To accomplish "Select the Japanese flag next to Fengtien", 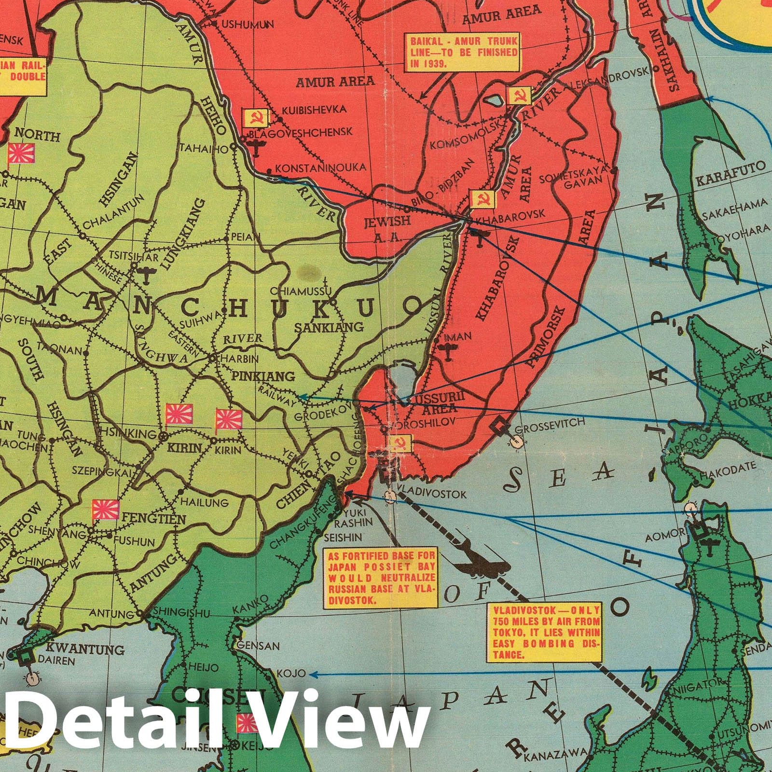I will (x=105, y=509).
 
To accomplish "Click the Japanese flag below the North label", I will (x=21, y=153).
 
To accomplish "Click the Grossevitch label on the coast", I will (x=550, y=422).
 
